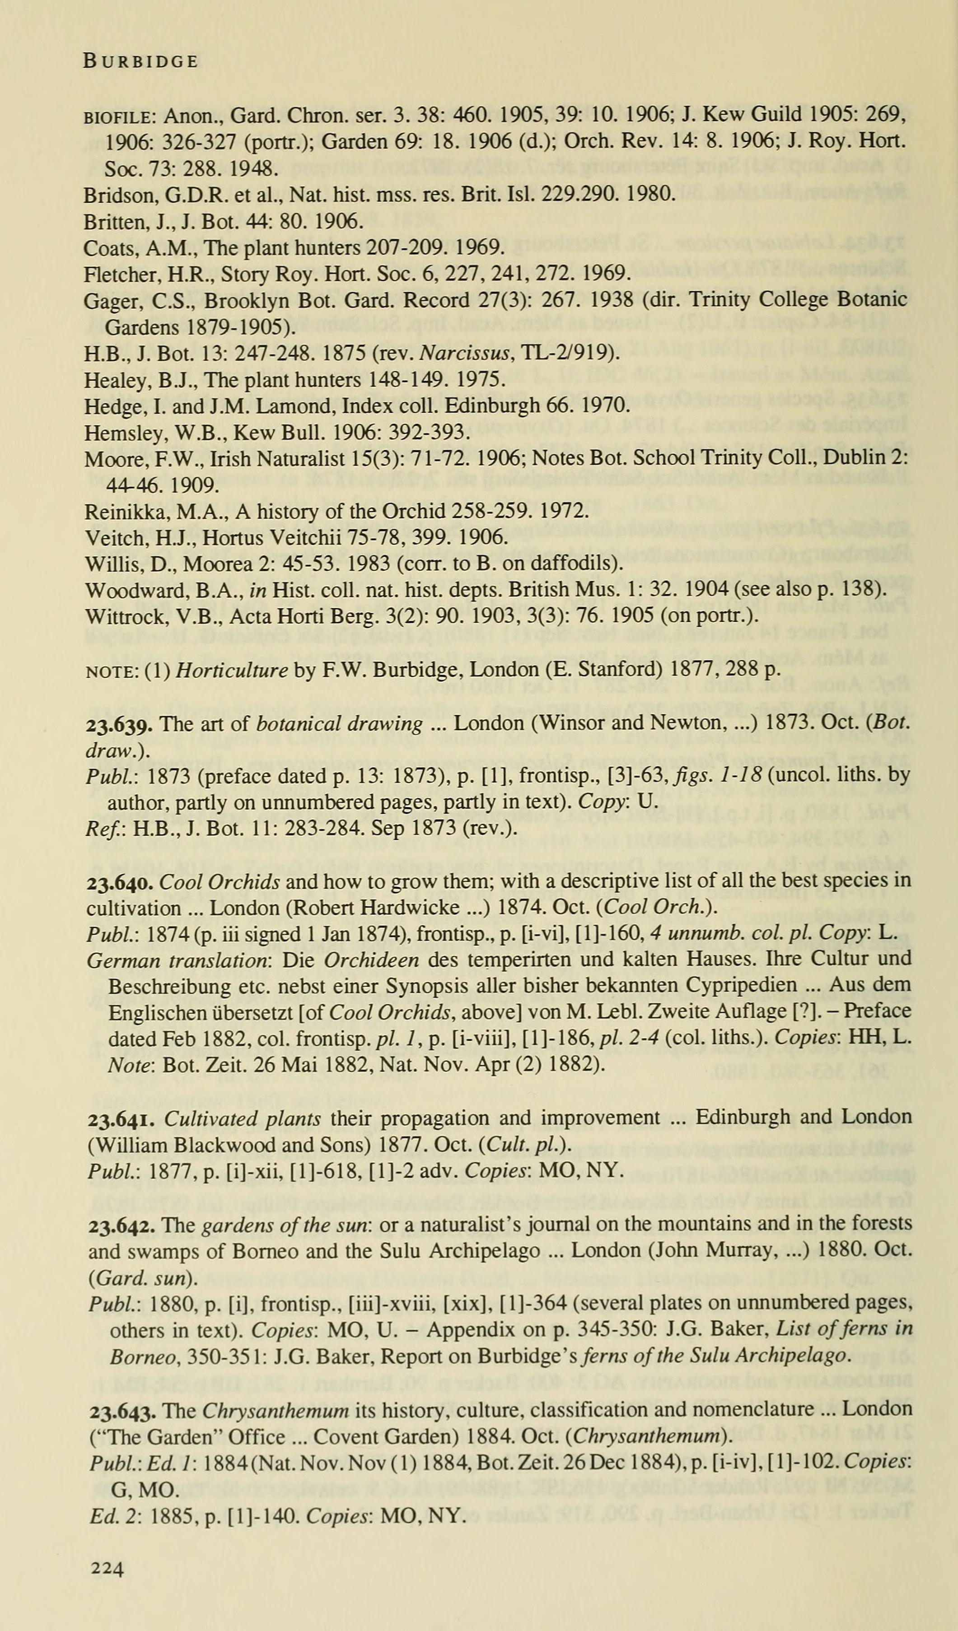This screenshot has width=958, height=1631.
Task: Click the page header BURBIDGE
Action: (140, 61)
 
